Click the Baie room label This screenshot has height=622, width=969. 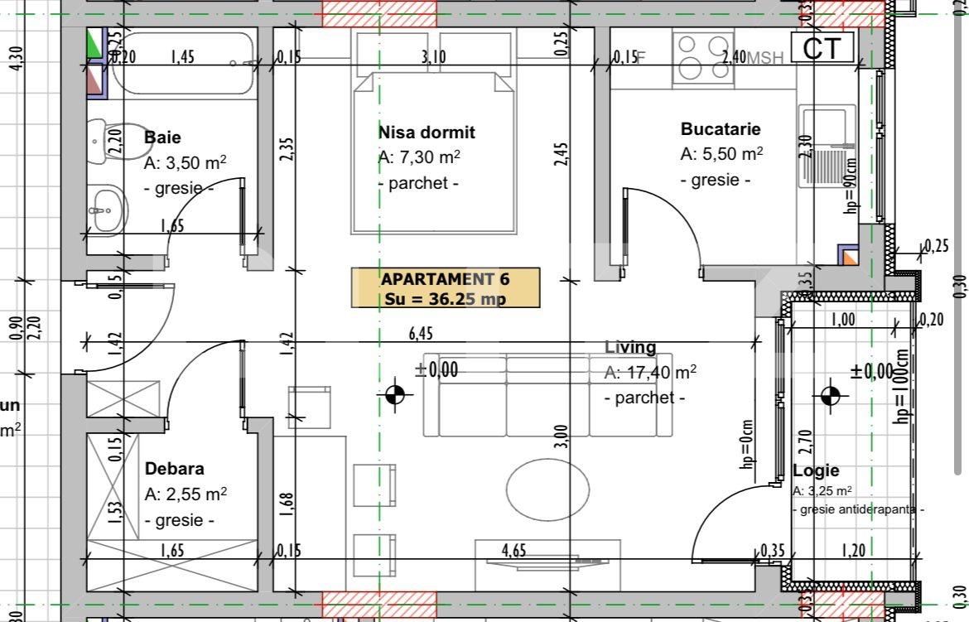[x=162, y=137]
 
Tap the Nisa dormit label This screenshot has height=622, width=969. [x=427, y=133]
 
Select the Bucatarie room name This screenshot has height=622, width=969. [x=720, y=129]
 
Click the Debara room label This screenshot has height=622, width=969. [x=174, y=469]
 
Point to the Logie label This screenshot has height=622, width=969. [x=816, y=470]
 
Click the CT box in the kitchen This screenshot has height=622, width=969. [x=822, y=48]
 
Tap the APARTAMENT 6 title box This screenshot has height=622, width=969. [x=446, y=288]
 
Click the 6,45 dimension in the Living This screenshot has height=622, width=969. [x=421, y=333]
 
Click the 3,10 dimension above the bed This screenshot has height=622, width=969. [x=433, y=56]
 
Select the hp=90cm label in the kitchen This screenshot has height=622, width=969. [x=851, y=185]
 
